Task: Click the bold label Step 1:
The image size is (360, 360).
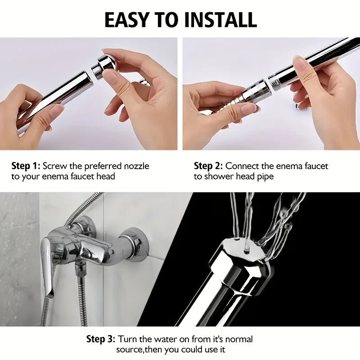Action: (x=26, y=166)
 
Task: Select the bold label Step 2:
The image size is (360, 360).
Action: (x=208, y=166)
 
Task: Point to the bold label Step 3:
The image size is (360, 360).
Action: (x=101, y=339)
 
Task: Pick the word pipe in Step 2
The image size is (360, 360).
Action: (x=264, y=176)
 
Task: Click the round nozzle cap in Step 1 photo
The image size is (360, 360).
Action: (x=108, y=63)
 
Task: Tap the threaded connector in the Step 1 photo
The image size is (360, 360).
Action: (x=97, y=71)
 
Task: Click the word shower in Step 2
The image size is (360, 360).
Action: (x=219, y=176)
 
